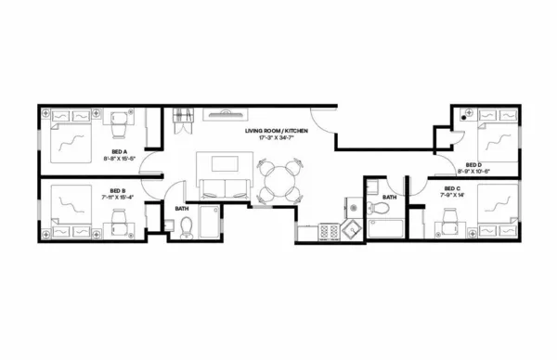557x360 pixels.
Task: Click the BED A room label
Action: [x=120, y=150]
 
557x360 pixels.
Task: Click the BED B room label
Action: [x=118, y=190]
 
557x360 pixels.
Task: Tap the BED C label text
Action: [x=452, y=190]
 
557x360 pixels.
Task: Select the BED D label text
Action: [x=473, y=164]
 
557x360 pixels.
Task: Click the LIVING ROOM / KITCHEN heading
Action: [x=276, y=131]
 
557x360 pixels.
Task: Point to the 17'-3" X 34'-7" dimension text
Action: [x=276, y=138]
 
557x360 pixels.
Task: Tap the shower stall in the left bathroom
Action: [x=209, y=225]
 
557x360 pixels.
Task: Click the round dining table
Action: [x=280, y=180]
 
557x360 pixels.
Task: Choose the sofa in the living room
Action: [x=224, y=190]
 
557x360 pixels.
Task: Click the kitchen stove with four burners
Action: [x=330, y=229]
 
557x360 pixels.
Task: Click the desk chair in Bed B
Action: [x=119, y=222]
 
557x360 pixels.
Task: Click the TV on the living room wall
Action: [x=224, y=115]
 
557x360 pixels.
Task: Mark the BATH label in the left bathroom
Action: [x=182, y=209]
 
